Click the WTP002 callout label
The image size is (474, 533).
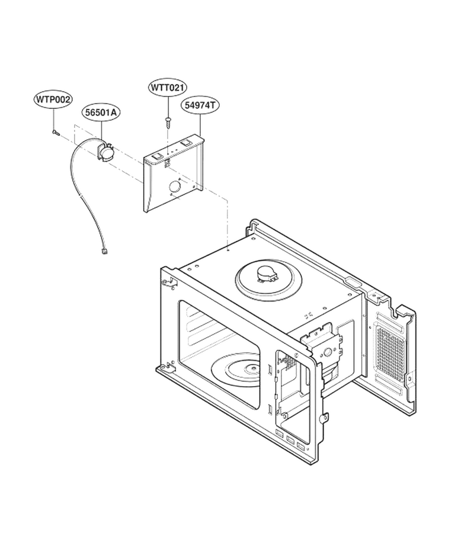point(53,99)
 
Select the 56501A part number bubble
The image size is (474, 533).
point(100,112)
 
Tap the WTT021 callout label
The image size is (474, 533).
point(168,88)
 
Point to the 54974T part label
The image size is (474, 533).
point(200,105)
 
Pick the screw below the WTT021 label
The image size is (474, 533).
point(169,121)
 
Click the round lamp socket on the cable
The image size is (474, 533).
point(105,151)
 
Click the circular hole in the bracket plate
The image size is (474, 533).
point(175,187)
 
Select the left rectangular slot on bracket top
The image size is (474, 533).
point(157,156)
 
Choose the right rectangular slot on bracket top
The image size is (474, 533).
point(187,143)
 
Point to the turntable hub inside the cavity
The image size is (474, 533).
point(252,368)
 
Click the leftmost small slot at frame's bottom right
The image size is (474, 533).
point(279,433)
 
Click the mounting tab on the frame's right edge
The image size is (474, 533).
point(325,417)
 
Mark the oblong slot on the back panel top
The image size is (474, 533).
point(353,281)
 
